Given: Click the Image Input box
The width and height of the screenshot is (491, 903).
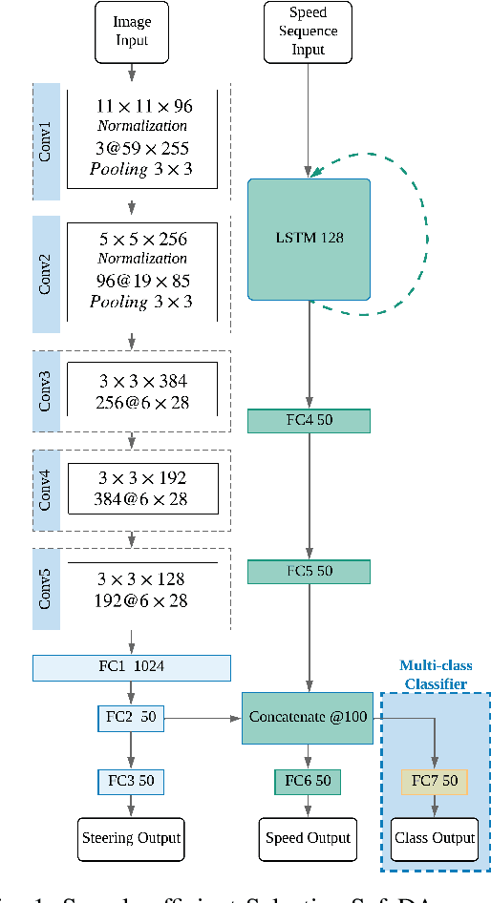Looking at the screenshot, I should point(132,30).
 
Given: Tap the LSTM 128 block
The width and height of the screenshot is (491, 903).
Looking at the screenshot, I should point(308,238).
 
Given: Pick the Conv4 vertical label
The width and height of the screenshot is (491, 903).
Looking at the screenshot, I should point(46,491).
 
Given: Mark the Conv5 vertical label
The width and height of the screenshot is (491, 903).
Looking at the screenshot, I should point(46,588).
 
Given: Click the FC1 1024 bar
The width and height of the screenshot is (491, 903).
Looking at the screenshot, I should point(131,666).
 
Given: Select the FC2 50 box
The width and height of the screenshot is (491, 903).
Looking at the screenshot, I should point(131,719).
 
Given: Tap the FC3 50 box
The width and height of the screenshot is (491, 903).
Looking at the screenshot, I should point(131,782).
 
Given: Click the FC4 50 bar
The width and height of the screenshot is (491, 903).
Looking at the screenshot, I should point(308,421).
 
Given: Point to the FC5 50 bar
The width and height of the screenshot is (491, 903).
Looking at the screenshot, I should point(308,572).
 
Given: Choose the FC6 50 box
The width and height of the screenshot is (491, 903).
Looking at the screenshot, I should point(308,782).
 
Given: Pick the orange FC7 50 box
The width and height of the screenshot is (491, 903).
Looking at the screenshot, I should point(435,782).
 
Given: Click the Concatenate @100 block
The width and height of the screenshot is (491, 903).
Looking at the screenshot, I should point(308,718).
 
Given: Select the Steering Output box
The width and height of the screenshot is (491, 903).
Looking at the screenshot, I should point(131,839).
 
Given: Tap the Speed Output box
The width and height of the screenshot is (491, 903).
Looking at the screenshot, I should point(308,839).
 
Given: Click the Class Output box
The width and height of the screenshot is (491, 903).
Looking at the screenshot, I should point(435,839).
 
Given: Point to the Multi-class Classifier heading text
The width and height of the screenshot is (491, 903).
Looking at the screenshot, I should point(435,675).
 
